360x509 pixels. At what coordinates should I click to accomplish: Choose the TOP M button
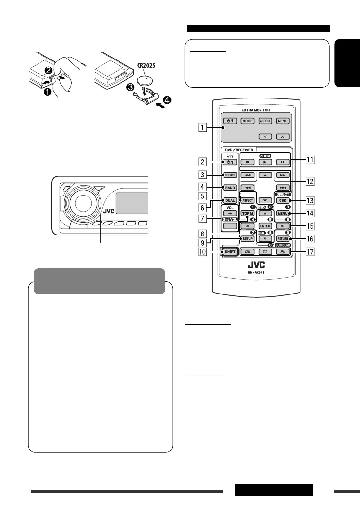[247, 215]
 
